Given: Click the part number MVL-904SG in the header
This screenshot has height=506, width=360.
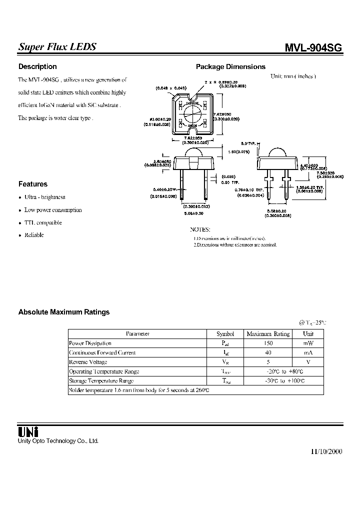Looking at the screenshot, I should click(x=313, y=48).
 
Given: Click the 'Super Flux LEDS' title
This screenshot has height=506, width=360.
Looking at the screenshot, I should click(x=57, y=47).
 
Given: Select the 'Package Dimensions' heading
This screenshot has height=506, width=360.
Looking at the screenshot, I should click(x=230, y=66).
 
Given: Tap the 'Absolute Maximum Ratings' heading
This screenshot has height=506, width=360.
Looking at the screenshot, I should click(x=63, y=312).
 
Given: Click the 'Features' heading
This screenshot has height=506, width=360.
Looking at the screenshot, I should click(x=33, y=184).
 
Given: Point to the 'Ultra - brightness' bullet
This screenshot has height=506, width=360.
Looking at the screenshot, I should click(x=45, y=197).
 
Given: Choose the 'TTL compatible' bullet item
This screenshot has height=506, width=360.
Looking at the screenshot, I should click(x=43, y=223).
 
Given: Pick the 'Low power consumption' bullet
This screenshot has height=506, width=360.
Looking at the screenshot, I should click(x=53, y=210).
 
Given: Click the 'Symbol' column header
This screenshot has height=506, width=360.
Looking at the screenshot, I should click(x=225, y=334).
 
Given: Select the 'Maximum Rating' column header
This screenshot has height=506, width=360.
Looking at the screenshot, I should click(x=268, y=334).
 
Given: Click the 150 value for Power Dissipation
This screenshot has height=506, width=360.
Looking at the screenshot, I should click(x=268, y=343).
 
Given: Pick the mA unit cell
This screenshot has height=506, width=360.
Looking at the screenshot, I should click(x=308, y=353).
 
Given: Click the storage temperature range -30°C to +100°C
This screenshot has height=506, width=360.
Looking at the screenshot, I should click(x=286, y=381).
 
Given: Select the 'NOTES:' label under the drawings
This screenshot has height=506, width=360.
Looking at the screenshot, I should click(x=200, y=229).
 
